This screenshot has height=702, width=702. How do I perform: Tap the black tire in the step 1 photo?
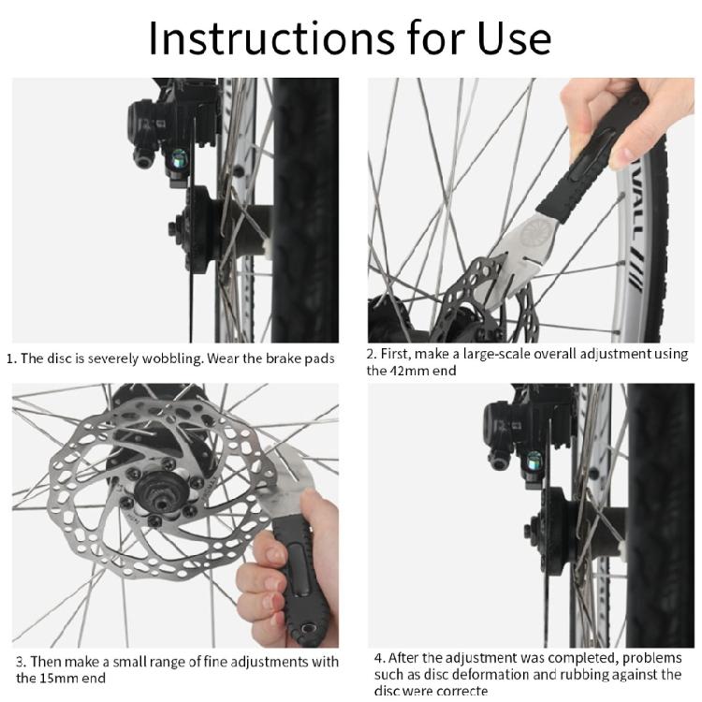(304, 206)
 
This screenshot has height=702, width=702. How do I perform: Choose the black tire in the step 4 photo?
(660, 515)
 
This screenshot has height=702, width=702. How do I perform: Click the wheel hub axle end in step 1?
(176, 227)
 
